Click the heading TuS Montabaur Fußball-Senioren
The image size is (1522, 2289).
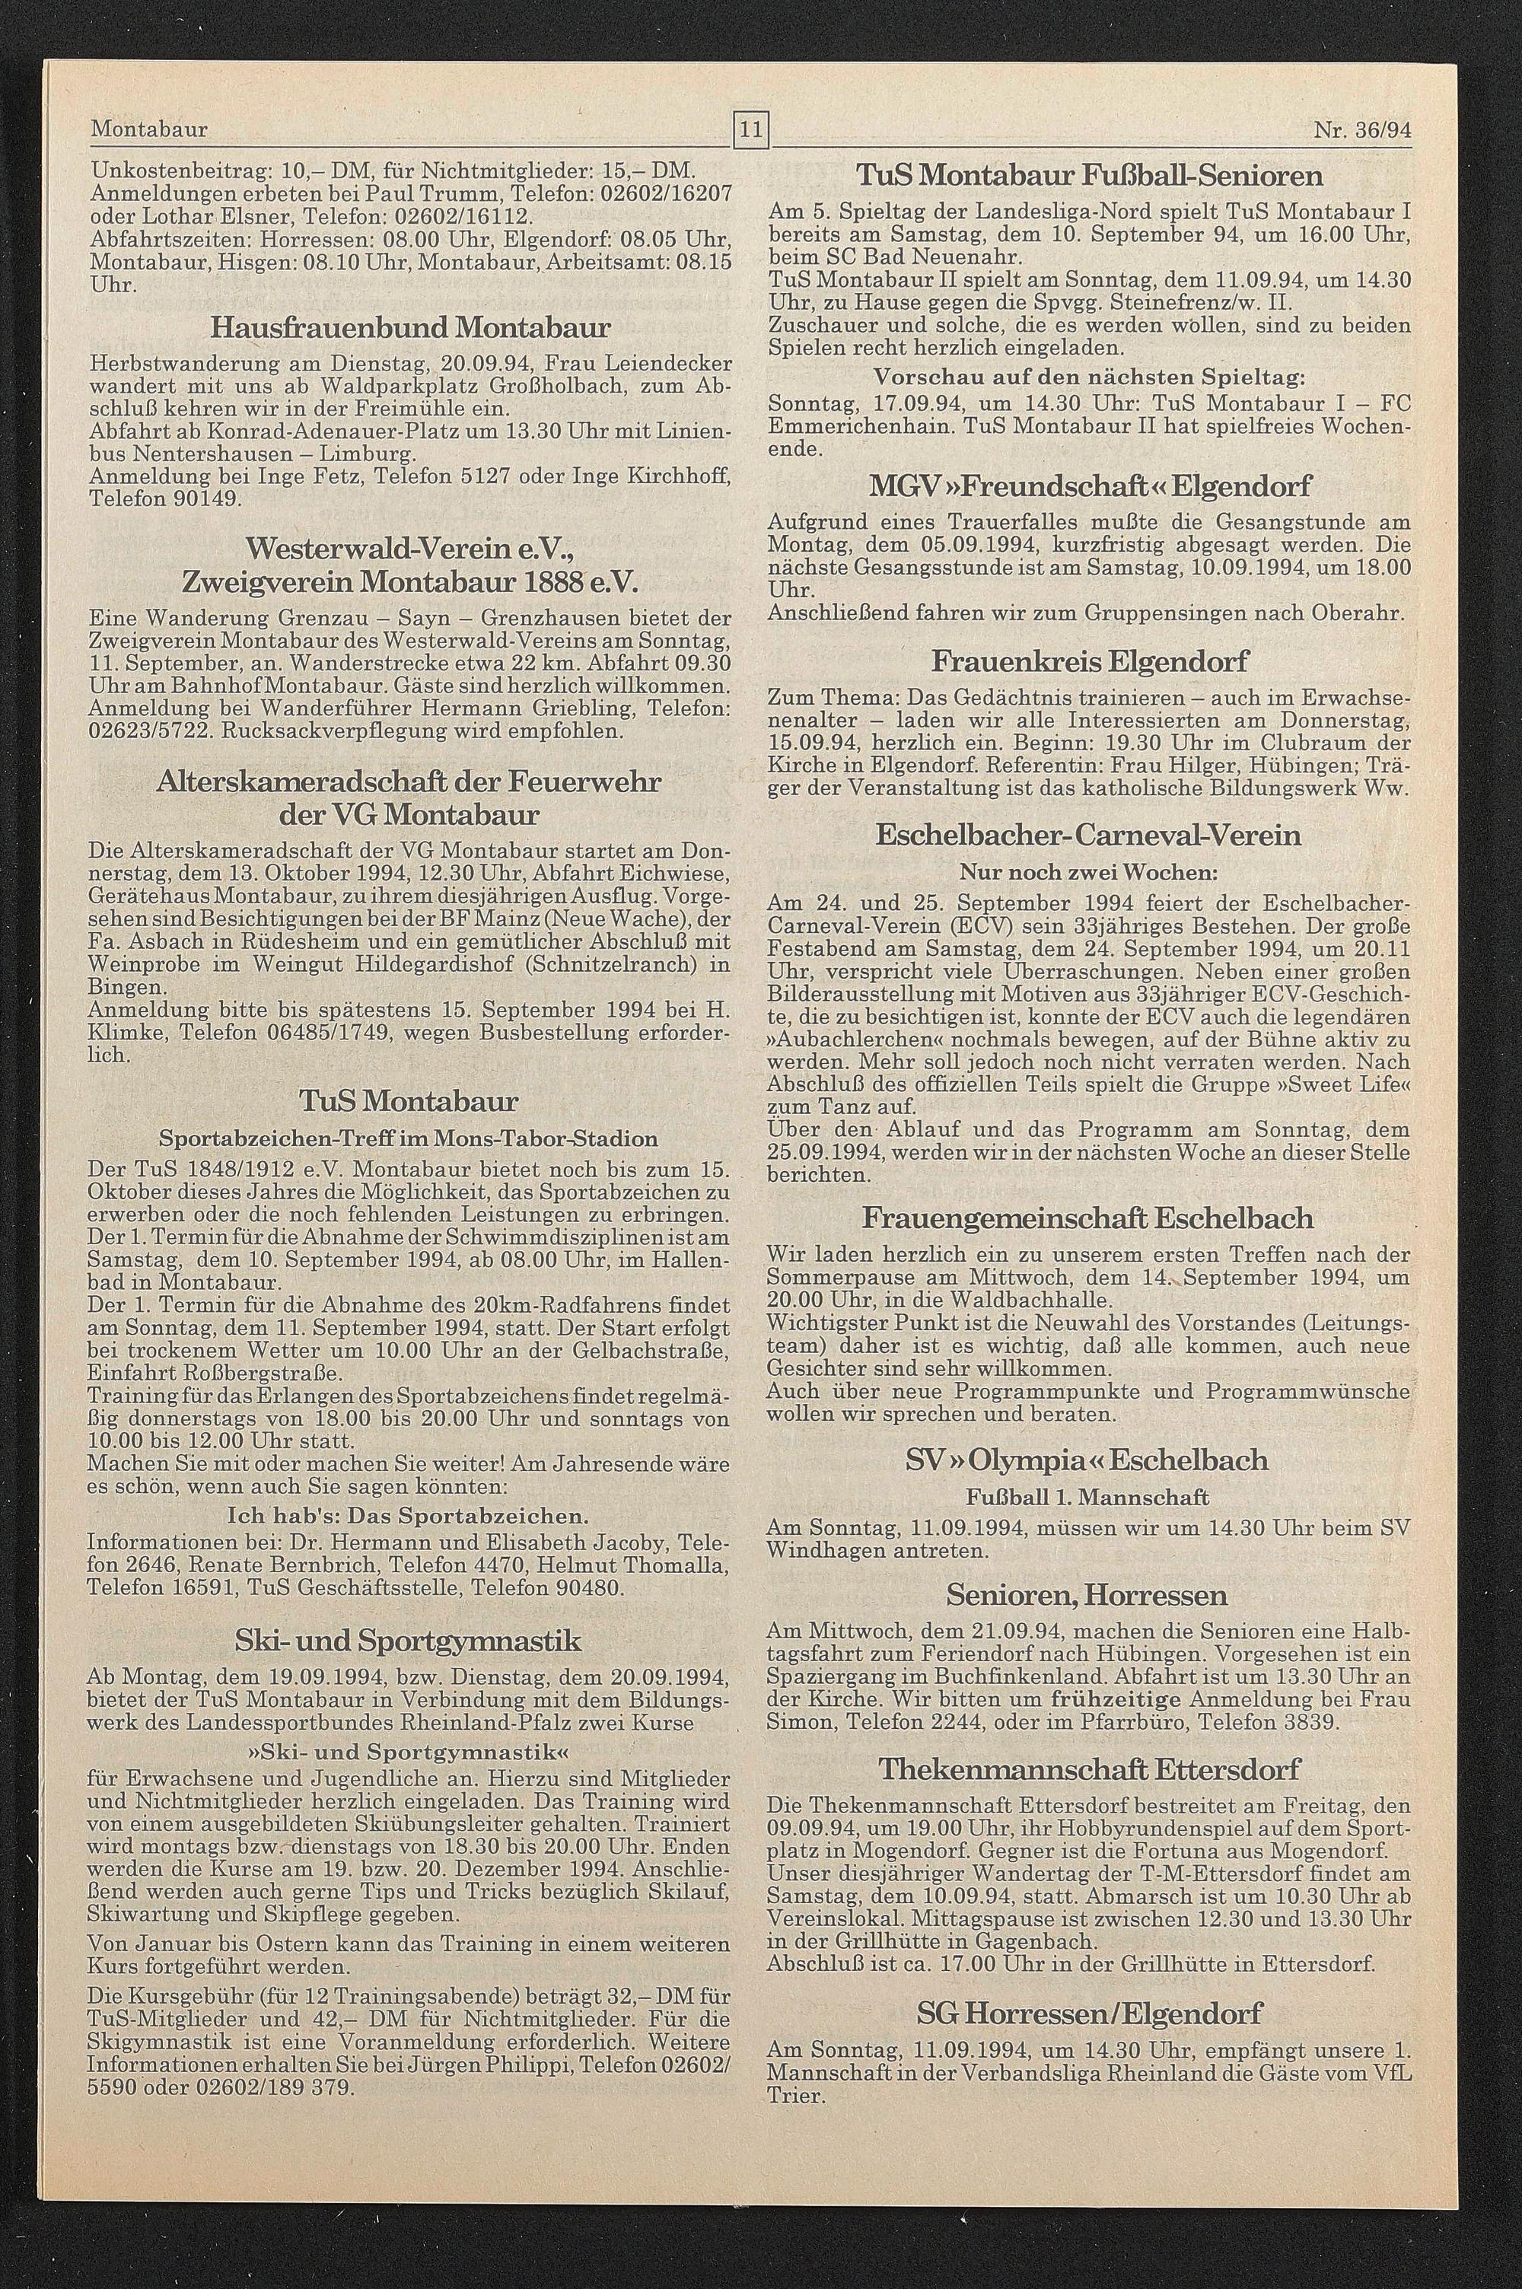1088,176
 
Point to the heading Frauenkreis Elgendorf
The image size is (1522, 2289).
1089,662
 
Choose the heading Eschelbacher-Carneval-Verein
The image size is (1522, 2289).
1088,835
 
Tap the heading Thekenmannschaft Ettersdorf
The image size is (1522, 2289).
1088,1769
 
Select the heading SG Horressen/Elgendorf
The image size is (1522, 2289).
1088,1986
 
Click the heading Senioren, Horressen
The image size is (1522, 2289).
1088,1594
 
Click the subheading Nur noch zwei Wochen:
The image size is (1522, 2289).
1088,871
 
